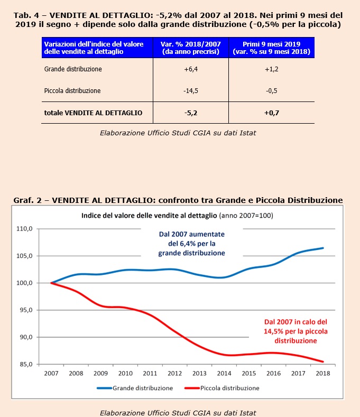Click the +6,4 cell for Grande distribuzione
coord(191,69)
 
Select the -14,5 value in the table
coord(191,91)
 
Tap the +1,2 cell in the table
coord(271,69)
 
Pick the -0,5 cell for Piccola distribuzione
coord(271,91)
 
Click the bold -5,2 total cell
coord(191,113)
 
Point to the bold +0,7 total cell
coord(271,113)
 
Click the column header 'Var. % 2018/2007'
coord(190,44)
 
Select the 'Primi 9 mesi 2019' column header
coord(271,44)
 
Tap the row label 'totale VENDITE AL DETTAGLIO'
coord(93,113)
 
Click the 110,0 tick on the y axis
coord(24,229)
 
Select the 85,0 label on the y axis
coord(26,364)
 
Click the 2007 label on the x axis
coord(51,373)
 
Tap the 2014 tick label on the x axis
coord(224,373)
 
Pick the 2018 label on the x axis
coord(323,373)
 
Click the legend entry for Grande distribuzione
coord(135,388)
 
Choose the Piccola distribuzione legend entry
coord(222,388)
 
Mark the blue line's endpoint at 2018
coord(323,248)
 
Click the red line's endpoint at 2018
coord(323,362)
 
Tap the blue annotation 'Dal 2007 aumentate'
coord(192,234)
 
